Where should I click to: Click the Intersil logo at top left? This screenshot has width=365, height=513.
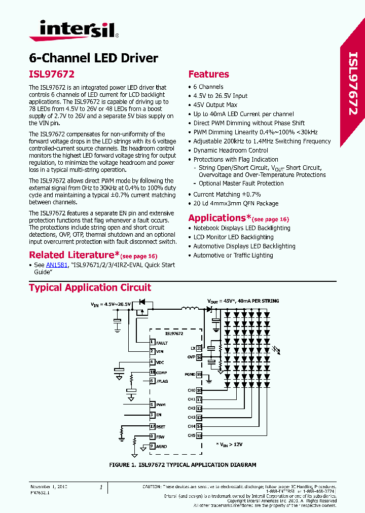[73, 30]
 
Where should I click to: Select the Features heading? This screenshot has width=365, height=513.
[208, 74]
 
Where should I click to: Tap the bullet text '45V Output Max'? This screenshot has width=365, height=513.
[215, 105]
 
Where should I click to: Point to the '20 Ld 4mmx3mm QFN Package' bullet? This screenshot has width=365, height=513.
[236, 203]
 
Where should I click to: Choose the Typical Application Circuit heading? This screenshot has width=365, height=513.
[90, 288]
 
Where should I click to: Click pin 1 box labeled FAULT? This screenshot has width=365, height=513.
[152, 343]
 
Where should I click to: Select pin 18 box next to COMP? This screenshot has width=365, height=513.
[152, 373]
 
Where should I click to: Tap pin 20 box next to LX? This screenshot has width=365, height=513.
[199, 348]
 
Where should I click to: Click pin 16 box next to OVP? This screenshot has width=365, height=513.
[199, 357]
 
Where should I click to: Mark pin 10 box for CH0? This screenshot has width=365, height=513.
[199, 390]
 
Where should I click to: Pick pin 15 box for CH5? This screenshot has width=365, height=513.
[199, 435]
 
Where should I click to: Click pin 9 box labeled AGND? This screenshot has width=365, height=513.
[152, 446]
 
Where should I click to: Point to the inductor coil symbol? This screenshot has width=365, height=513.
[190, 309]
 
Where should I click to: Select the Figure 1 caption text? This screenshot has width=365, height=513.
[182, 464]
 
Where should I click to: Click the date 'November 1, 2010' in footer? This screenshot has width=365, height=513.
[49, 487]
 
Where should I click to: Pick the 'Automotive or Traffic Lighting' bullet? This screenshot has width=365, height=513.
[233, 255]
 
